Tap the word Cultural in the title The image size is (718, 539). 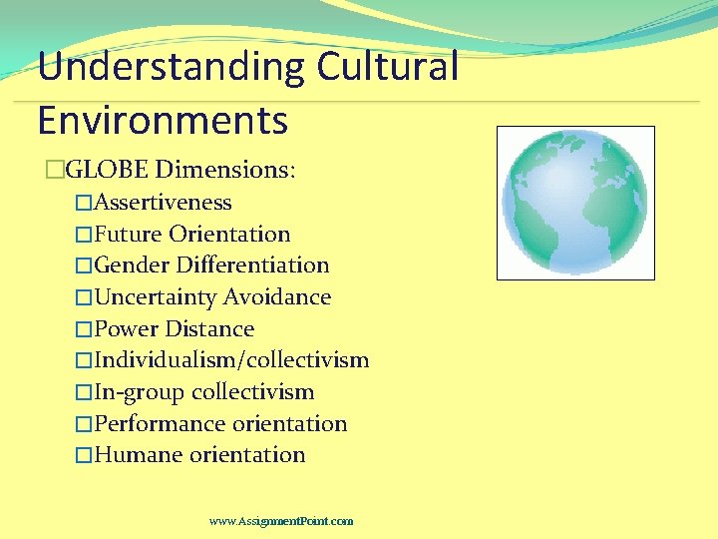point(388,68)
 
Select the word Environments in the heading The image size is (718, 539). point(163,120)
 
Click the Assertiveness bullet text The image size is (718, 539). point(163,203)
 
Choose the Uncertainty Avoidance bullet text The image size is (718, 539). point(212,297)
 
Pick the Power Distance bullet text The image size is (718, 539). point(174,329)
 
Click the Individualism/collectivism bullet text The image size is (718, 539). point(231,360)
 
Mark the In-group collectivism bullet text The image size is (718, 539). point(203,392)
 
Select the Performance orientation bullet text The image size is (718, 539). point(220,424)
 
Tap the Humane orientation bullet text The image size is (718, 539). point(199,455)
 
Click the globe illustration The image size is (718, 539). point(575,203)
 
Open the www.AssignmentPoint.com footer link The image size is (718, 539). point(281,521)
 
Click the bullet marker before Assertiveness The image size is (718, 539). point(84,204)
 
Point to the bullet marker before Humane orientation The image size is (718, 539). point(84,456)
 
